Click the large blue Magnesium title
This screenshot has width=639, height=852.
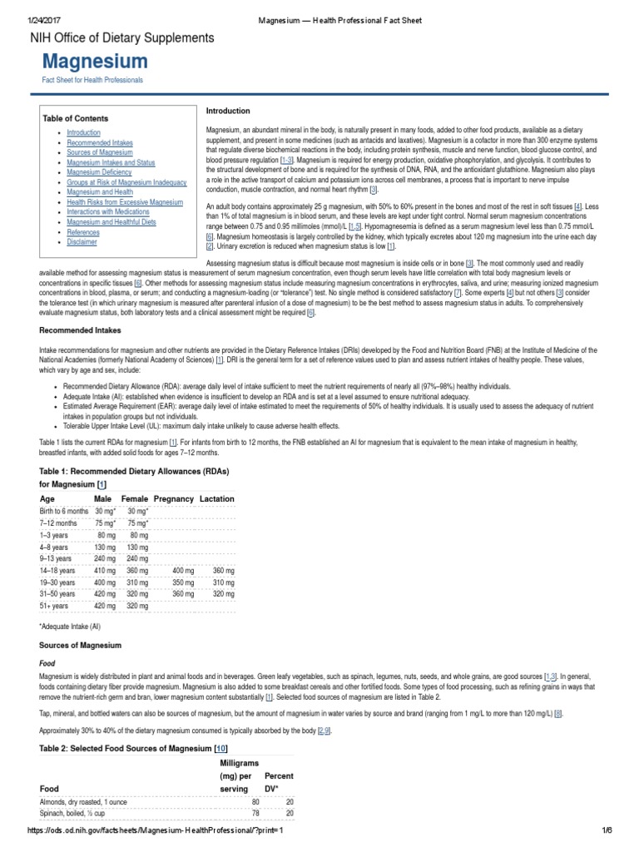tap(96, 61)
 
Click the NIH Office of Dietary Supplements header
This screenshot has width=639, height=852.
tap(122, 37)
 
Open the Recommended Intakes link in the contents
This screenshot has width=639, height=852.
tap(95, 143)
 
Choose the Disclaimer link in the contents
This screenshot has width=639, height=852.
tap(82, 242)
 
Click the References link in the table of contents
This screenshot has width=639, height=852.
tap(84, 232)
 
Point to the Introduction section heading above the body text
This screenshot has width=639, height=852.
tap(228, 111)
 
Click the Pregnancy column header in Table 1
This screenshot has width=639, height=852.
tap(173, 498)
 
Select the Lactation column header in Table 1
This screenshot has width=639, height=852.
tap(217, 498)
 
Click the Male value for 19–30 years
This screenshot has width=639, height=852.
tap(105, 582)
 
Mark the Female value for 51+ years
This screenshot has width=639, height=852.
tap(138, 607)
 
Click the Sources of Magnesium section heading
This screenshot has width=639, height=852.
tap(81, 645)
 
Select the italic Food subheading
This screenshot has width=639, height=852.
tap(48, 664)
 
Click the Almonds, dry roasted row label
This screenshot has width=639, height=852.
tap(83, 801)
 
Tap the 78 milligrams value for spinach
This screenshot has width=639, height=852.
tap(255, 812)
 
